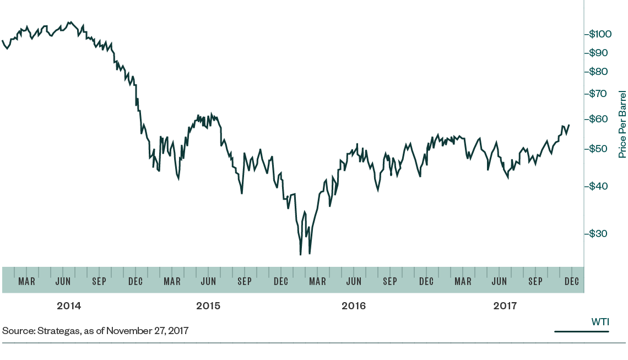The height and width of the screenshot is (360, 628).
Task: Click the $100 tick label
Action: [600, 34]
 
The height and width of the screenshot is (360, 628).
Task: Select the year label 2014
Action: [69, 305]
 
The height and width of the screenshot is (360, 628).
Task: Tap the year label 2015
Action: [208, 305]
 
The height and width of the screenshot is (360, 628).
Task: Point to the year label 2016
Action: [354, 305]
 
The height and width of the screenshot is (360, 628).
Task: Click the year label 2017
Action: [505, 305]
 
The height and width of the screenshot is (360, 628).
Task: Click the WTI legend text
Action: [600, 321]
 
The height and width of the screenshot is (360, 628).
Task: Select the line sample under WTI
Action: [581, 332]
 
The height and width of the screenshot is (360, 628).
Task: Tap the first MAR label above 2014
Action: [26, 281]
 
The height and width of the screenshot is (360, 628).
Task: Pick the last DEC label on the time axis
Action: [572, 281]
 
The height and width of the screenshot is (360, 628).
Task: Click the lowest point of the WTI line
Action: [300, 254]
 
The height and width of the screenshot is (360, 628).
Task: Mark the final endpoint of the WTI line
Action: [569, 125]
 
